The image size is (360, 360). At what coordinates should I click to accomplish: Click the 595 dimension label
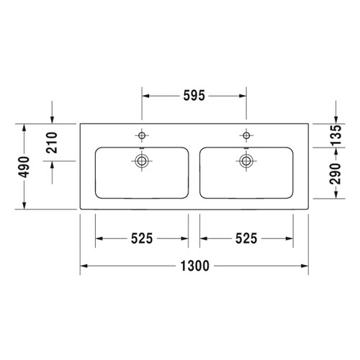194,95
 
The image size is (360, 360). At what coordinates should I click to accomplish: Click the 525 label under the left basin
142,238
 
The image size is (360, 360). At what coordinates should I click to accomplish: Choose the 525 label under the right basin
246,238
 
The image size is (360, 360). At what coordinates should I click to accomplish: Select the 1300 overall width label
194,266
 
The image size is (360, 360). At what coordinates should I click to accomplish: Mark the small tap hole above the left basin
142,135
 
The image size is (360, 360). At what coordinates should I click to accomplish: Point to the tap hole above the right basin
246,135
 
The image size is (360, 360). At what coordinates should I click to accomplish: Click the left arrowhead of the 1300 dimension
82,266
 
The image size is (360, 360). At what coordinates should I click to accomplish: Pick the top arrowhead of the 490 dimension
24,126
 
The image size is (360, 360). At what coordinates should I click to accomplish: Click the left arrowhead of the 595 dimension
145,95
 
